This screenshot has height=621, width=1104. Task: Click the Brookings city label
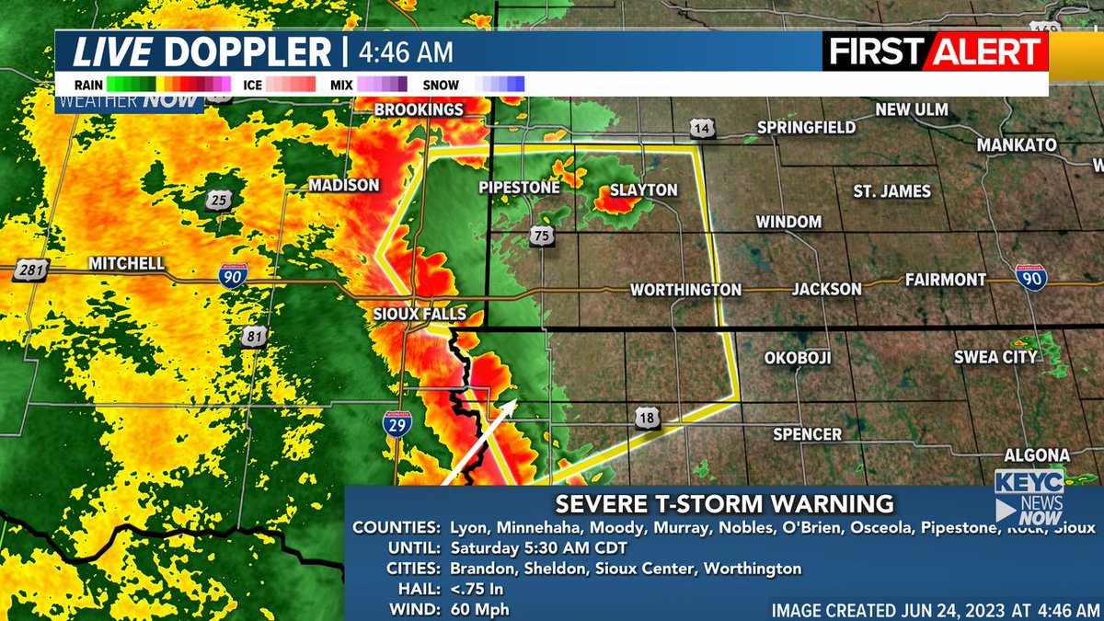point(419,109)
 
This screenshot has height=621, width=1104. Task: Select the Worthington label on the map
point(685,290)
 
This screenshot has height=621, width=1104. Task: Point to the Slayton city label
point(644,190)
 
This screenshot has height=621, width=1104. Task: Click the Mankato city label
point(1017,145)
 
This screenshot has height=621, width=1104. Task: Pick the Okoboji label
point(798,358)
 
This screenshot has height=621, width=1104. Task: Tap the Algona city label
point(1036,455)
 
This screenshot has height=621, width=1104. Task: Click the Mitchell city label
point(126,264)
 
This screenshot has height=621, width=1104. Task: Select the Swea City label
point(995,357)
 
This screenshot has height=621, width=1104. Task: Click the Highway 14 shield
point(702,130)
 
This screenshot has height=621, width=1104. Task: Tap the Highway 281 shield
point(30,270)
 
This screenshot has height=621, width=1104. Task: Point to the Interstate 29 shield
point(398,422)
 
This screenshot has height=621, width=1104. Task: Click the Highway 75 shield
point(540,237)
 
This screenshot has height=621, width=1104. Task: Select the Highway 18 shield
point(645,419)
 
